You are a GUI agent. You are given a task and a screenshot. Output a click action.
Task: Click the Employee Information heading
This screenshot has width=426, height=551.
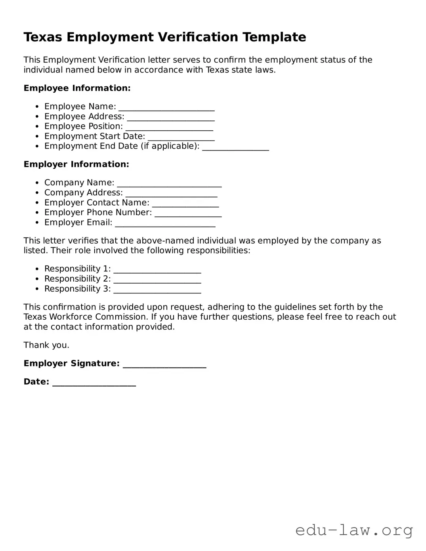click(x=77, y=88)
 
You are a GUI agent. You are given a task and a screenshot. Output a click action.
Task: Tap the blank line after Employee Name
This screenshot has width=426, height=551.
click(x=166, y=107)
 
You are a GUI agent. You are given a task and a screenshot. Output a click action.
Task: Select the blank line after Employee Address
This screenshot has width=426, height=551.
click(x=171, y=117)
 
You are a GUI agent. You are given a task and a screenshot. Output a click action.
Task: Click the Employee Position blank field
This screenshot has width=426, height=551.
click(x=169, y=127)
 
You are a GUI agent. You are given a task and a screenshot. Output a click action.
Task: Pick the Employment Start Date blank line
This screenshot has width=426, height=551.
click(x=181, y=137)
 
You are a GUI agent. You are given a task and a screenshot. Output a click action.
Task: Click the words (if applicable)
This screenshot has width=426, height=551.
click(x=170, y=146)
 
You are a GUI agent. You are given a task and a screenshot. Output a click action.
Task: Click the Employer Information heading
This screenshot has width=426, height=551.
click(x=76, y=164)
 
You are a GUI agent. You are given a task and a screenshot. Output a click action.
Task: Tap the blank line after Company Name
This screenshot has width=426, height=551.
click(x=169, y=183)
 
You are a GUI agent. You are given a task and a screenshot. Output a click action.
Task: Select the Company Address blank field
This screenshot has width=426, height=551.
click(x=171, y=193)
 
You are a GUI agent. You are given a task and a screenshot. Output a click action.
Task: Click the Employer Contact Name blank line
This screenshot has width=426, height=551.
click(x=185, y=203)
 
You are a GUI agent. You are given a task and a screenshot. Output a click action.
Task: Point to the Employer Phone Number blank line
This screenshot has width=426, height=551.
click(x=188, y=213)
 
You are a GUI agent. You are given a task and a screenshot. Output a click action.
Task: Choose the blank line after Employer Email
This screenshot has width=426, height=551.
click(x=165, y=223)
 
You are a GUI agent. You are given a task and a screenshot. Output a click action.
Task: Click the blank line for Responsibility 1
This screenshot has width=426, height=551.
click(x=157, y=269)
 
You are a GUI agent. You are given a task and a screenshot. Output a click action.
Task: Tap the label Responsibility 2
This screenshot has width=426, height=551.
click(x=77, y=279)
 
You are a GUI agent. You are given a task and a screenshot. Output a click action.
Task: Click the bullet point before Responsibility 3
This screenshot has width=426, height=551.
click(x=37, y=289)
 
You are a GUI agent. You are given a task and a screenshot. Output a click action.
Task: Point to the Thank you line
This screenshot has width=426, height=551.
click(x=46, y=345)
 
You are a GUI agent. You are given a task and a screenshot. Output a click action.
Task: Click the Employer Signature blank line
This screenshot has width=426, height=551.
click(x=164, y=364)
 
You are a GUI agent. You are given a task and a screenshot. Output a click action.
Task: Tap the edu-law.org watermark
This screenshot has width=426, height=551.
click(x=354, y=530)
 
